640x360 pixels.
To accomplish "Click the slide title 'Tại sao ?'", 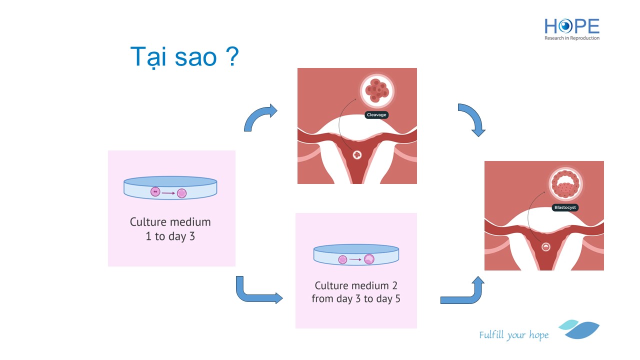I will [184, 57].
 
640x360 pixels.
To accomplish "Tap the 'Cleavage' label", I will [376, 114].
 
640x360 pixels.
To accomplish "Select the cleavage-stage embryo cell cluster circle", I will [377, 90].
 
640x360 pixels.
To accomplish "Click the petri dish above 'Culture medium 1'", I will [170, 188].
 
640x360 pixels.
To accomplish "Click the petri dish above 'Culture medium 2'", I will [356, 255].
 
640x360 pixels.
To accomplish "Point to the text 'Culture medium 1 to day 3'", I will [170, 229].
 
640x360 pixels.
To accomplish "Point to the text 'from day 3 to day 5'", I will [356, 299].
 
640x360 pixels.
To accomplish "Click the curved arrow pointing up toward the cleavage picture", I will [260, 117].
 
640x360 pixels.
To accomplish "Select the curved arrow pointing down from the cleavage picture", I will [472, 119].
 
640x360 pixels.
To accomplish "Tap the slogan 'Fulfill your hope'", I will [513, 335].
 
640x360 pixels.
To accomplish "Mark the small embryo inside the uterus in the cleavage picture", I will [357, 155].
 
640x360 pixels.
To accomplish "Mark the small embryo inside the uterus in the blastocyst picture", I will [545, 246].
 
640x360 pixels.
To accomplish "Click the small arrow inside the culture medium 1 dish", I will [168, 192].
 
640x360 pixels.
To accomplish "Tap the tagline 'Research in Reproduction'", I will [572, 38].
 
